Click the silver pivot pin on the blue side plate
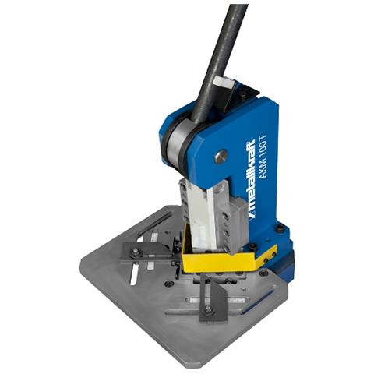click(x=221, y=157)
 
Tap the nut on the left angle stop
click(x=135, y=252)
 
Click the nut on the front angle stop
click(x=207, y=309)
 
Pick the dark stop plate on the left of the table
click(x=146, y=252)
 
